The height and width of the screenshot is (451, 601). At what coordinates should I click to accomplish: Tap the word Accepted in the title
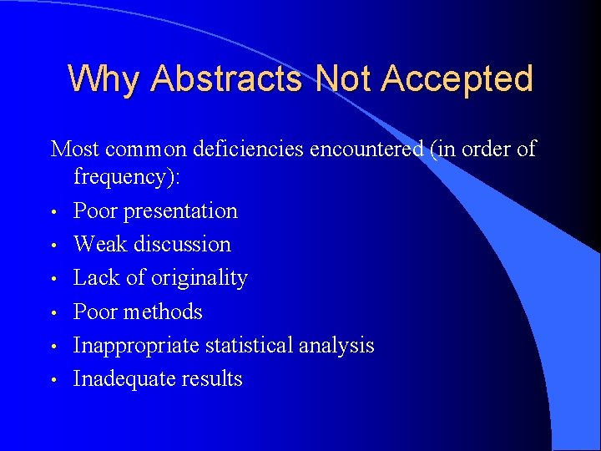tap(457, 79)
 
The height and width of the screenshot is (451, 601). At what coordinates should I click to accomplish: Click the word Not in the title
tap(344, 79)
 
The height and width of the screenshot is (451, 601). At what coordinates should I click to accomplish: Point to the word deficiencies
tap(248, 149)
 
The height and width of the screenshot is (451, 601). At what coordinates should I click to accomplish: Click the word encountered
tap(366, 149)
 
